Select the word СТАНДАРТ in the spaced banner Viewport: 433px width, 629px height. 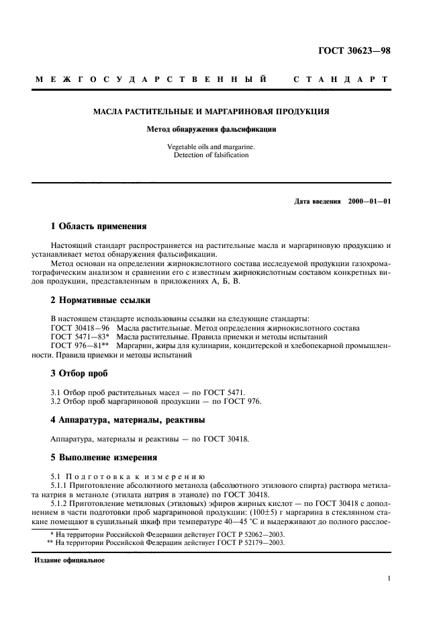341,80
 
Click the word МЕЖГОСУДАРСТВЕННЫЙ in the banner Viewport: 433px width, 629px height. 151,80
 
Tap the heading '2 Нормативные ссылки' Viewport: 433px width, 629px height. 101,300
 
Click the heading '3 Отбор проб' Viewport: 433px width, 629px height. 79,373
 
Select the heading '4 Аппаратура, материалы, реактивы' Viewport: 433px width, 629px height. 128,419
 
